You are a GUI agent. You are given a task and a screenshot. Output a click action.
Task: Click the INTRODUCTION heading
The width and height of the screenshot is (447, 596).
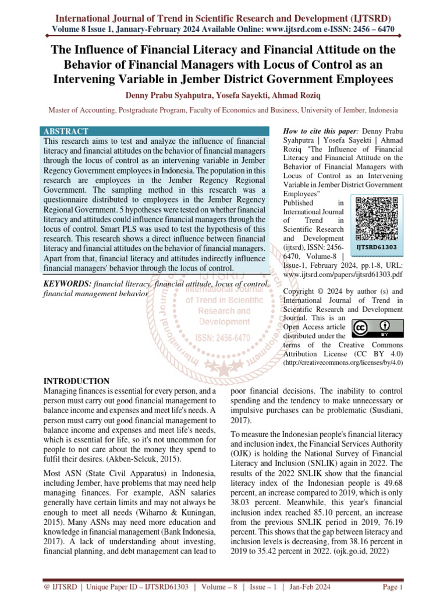coord(76,381)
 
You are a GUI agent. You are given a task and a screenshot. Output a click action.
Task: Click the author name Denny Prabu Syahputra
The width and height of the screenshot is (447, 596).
coord(166,95)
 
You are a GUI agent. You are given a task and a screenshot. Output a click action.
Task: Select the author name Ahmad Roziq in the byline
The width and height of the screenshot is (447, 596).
coord(299,95)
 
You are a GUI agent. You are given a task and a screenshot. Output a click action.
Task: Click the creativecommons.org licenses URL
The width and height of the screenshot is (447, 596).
coord(343,362)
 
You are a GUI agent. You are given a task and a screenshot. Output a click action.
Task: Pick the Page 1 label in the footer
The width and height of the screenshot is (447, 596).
coord(393,587)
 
